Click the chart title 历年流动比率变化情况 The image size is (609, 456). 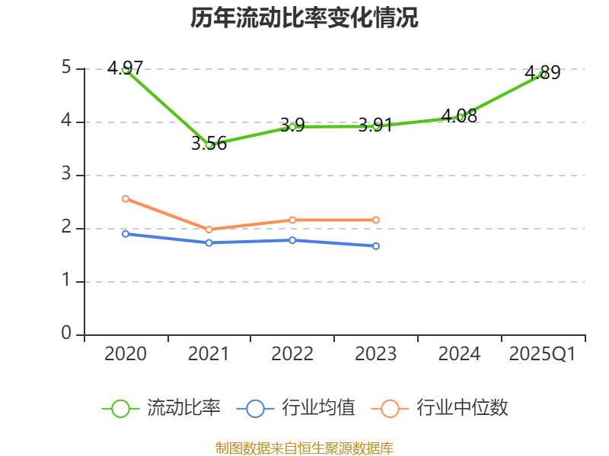coord(304,18)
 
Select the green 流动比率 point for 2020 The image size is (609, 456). coord(126,69)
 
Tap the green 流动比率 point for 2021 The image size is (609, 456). coord(209,144)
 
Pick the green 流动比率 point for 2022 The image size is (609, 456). coord(292,126)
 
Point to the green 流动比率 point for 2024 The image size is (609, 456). coord(460,117)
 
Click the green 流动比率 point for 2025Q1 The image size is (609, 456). coord(543,74)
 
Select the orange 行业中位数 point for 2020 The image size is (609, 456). coord(126,198)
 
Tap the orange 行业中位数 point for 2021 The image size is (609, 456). coord(209,230)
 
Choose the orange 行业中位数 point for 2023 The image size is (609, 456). coord(376,220)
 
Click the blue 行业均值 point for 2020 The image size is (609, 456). coord(126,233)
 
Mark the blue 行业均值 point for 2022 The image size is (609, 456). coord(292,240)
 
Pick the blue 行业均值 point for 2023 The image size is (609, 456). coord(376,245)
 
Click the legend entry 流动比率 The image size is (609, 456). coord(161,408)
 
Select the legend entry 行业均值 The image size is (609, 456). coord(296,408)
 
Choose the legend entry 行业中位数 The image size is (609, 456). coord(440,408)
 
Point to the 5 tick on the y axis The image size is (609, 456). coord(66,68)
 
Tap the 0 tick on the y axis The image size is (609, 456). coord(66,334)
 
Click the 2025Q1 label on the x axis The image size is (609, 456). coord(543,354)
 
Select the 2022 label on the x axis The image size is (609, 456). coord(292,354)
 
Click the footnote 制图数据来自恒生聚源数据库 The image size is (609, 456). coord(304,448)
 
